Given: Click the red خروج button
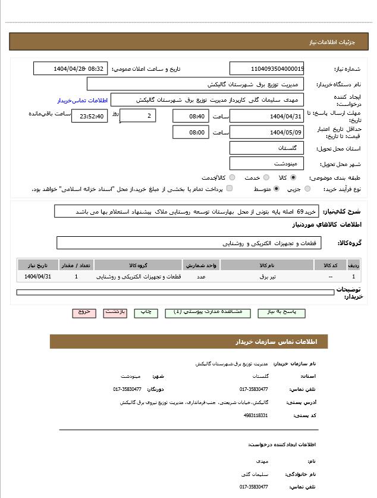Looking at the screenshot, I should point(84,312).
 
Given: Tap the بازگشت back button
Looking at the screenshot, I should point(115,312).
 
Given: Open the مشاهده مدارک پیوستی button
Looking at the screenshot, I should point(208,312).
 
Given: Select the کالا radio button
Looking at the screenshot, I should point(293,177).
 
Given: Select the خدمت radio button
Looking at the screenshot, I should point(266,177).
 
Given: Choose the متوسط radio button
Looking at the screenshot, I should point(276,189).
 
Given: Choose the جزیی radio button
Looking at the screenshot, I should point(307,189).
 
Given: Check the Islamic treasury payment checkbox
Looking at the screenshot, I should point(230,189).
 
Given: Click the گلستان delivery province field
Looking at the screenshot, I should point(266,148).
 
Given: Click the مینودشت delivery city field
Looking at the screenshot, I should point(266,163).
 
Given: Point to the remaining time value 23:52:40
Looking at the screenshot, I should point(90,117).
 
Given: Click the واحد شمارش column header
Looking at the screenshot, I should point(202,265).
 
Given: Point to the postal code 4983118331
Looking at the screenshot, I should point(256,415).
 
